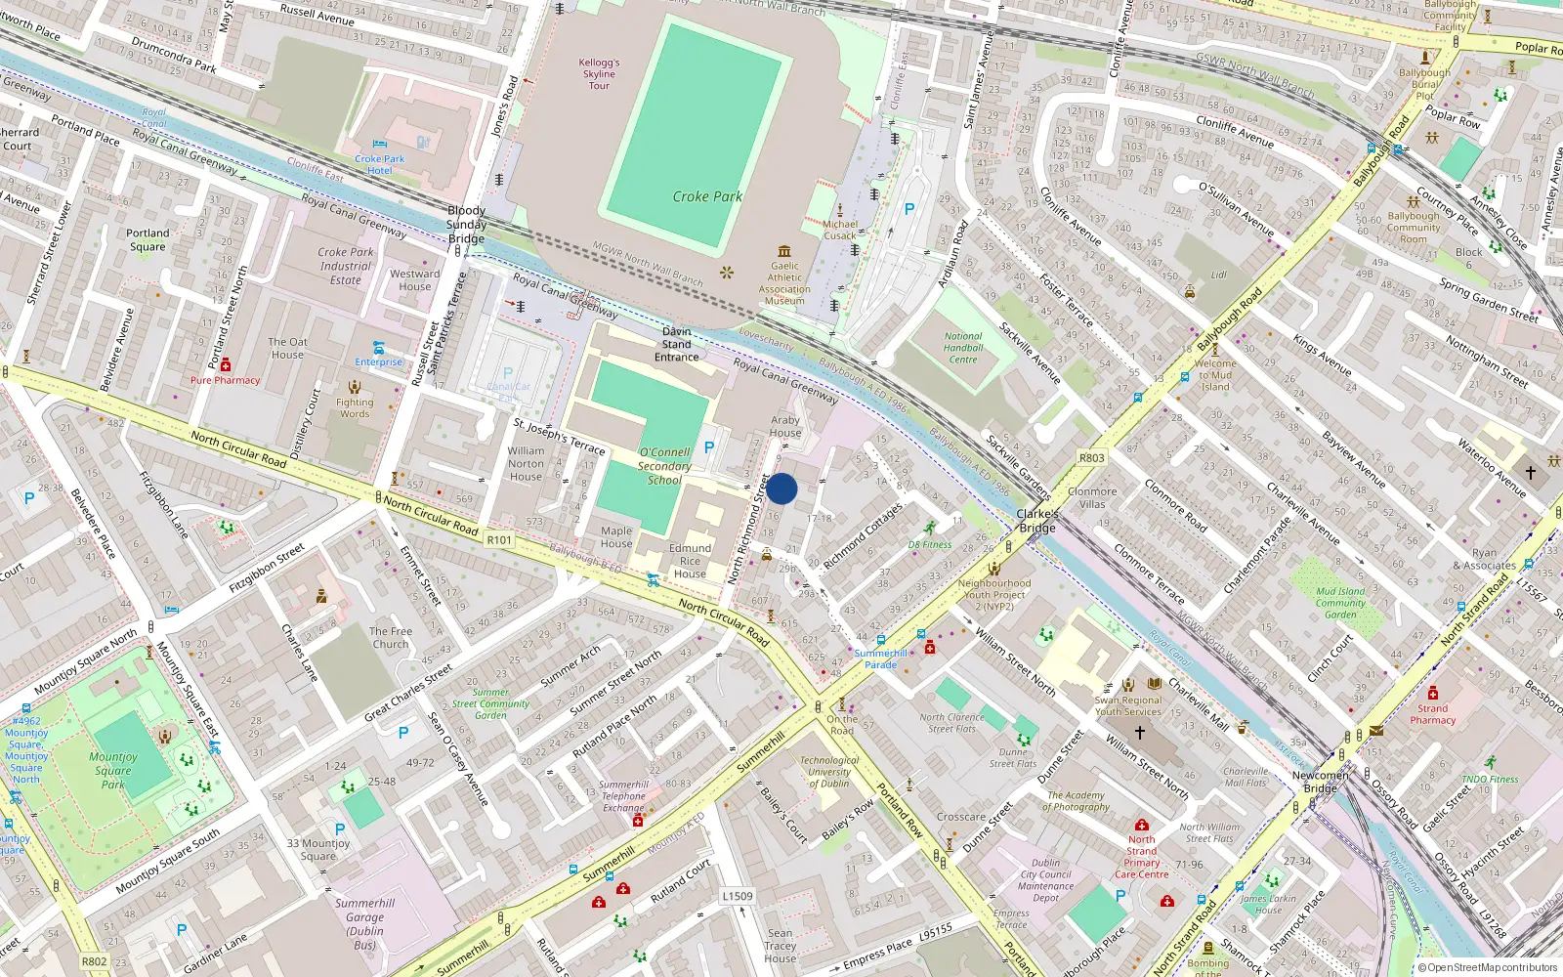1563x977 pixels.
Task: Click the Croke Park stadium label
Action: (x=707, y=196)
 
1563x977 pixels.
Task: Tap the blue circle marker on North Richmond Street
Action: (x=781, y=488)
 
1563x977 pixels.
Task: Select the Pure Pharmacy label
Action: (x=226, y=380)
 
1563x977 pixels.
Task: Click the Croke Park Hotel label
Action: (x=380, y=164)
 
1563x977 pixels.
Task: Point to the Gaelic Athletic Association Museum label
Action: (x=784, y=282)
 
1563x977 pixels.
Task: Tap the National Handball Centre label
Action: (x=963, y=348)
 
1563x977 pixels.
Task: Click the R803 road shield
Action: (x=1092, y=457)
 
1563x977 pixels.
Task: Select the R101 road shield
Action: (x=499, y=539)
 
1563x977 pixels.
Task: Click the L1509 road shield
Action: (x=738, y=896)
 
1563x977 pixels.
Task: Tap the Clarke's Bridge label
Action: (x=1037, y=521)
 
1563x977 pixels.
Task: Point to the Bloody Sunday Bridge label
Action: (x=466, y=225)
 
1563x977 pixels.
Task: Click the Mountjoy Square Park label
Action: (x=113, y=770)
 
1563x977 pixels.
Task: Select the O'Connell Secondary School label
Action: (x=664, y=466)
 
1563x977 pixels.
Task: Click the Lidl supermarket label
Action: (x=1219, y=276)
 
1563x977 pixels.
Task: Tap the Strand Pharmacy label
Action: (x=1433, y=714)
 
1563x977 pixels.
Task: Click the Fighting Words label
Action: (x=355, y=407)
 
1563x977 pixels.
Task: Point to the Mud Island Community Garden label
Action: (x=1340, y=603)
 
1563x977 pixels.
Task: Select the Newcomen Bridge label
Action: (x=1320, y=782)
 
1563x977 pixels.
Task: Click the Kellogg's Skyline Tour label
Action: (x=599, y=74)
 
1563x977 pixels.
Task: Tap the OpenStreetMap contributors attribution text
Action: (x=1491, y=967)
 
